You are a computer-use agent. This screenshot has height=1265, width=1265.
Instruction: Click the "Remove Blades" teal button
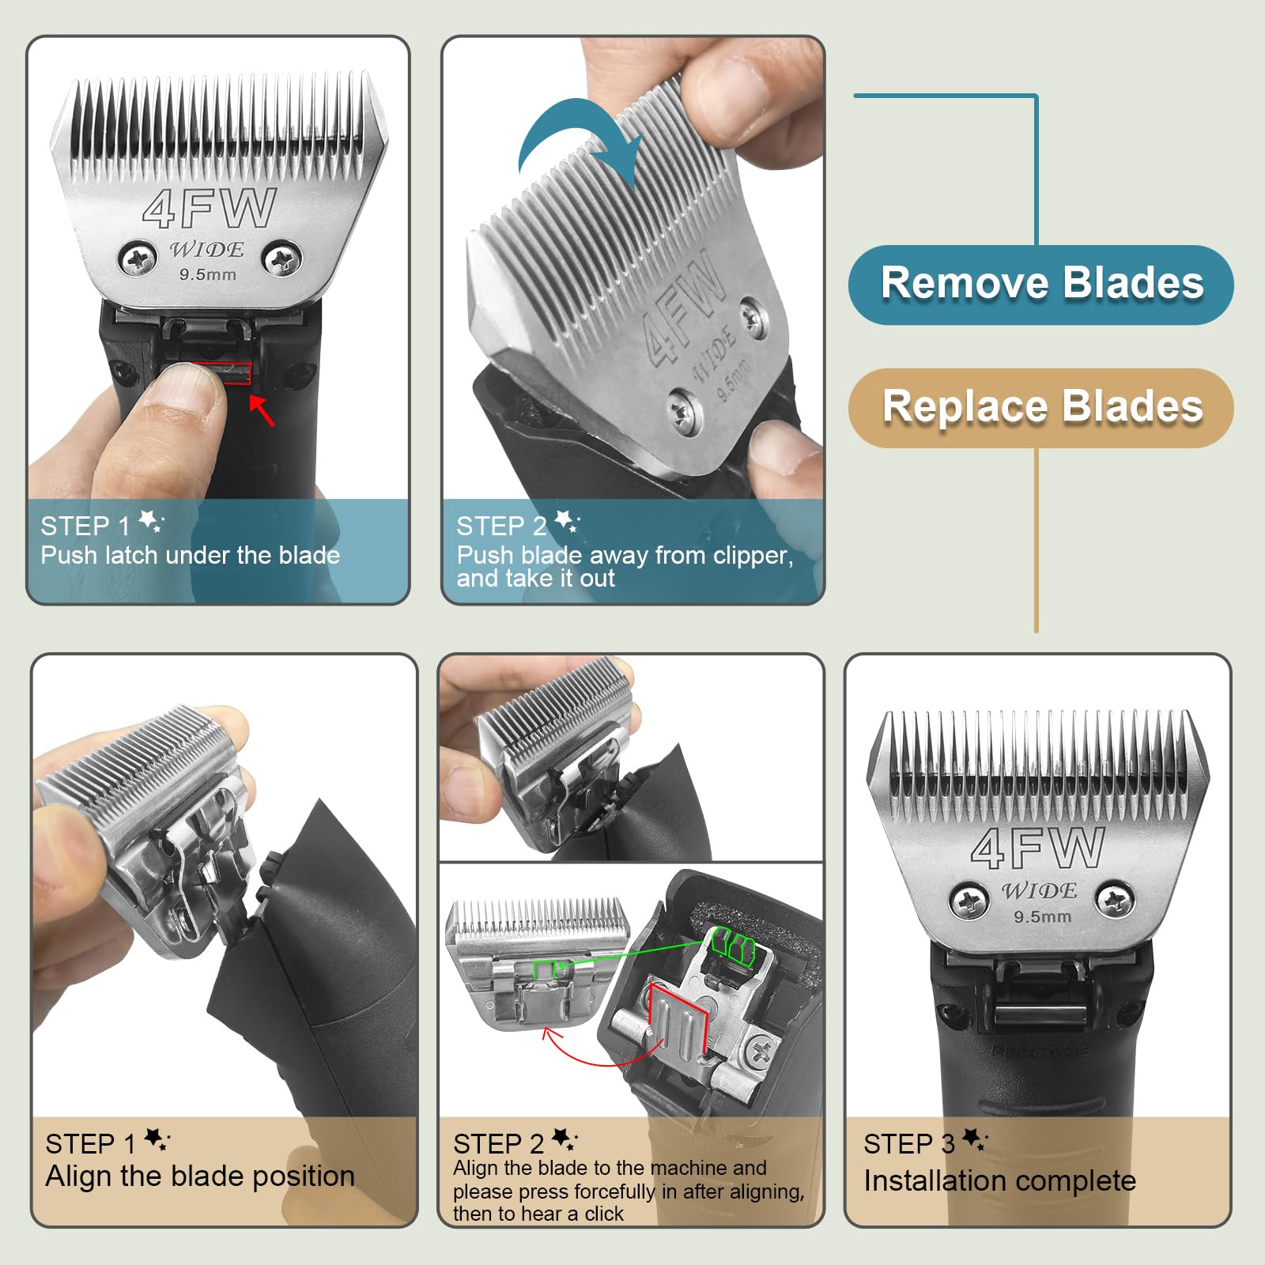tap(1040, 284)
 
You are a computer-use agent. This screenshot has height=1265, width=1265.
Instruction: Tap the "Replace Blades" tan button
tap(1040, 407)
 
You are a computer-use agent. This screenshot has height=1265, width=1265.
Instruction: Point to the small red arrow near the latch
tap(262, 410)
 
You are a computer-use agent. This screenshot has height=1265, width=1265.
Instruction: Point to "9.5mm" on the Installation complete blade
tap(1043, 917)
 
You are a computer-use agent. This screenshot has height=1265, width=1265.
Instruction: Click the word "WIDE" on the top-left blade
tap(206, 250)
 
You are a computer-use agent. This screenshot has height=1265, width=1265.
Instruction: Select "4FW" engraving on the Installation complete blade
tap(1037, 848)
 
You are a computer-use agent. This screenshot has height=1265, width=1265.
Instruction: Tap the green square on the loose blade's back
tap(546, 969)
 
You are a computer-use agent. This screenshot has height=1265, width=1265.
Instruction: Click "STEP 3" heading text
tap(908, 1143)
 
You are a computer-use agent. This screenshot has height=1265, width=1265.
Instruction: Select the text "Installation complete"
tap(999, 1180)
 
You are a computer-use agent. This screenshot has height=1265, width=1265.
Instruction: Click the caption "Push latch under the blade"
tap(191, 555)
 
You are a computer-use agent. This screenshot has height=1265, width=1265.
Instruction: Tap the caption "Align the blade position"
tap(200, 1176)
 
